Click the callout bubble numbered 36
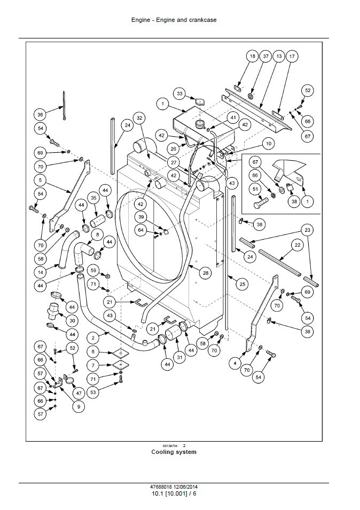click(40, 114)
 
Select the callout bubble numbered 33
click(179, 93)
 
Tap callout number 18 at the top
click(252, 56)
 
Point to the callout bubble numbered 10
click(268, 143)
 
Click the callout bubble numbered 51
click(255, 189)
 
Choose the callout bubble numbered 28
click(205, 273)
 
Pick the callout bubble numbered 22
click(297, 245)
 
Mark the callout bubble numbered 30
click(72, 320)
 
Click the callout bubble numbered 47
click(79, 393)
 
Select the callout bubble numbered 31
click(180, 357)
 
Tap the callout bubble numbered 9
click(79, 406)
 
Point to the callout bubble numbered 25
click(242, 284)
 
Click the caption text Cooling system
click(174, 452)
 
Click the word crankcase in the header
click(202, 20)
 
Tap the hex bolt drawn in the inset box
click(262, 205)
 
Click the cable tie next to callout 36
click(64, 106)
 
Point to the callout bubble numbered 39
click(141, 217)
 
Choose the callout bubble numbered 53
click(93, 392)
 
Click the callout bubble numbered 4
click(235, 363)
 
